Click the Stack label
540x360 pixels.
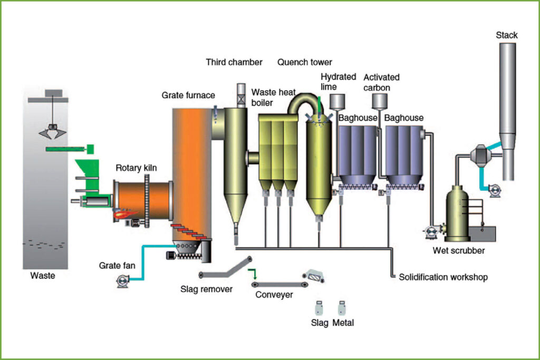(x=506, y=35)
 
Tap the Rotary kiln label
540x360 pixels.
(x=136, y=169)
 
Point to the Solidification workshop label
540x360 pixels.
(x=443, y=277)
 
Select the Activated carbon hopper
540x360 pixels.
(x=379, y=101)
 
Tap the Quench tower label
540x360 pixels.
(x=305, y=62)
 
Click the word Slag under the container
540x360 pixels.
(x=319, y=323)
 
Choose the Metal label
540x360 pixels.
(x=343, y=323)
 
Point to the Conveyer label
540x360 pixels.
(x=274, y=295)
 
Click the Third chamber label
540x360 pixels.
(x=234, y=62)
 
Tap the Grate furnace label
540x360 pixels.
(x=188, y=95)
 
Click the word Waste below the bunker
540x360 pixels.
(x=43, y=275)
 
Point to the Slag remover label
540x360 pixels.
(x=206, y=289)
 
